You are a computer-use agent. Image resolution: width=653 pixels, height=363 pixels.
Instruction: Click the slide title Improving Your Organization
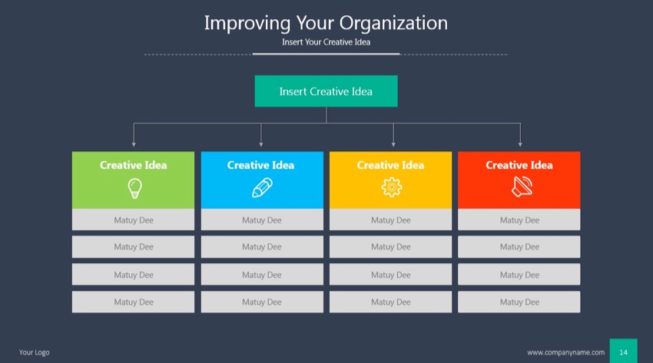326,22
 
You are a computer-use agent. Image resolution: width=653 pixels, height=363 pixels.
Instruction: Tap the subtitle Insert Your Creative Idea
326,42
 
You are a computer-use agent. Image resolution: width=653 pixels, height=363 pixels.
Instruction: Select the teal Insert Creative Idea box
326,91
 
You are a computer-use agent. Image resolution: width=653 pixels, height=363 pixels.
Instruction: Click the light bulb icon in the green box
134,187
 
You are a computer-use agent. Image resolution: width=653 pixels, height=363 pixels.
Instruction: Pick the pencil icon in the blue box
262,187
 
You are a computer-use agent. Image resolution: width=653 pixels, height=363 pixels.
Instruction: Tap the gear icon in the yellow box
391,187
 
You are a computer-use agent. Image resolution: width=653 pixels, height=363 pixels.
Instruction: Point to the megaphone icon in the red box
519,187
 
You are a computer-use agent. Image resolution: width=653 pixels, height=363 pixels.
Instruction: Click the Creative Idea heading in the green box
133,165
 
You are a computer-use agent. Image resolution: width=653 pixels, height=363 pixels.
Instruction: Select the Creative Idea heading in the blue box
260,165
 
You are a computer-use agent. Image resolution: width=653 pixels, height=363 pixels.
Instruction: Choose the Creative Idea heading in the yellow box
390,165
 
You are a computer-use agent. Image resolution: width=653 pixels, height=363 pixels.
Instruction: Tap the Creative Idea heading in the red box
519,165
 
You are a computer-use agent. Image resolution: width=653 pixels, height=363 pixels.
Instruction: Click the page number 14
623,352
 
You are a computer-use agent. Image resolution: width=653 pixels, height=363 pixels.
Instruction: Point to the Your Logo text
35,352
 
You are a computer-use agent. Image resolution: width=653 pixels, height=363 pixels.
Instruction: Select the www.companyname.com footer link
565,352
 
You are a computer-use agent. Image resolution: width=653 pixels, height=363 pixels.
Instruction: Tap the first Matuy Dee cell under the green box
134,220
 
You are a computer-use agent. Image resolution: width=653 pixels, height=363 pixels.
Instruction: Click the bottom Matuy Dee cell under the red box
519,302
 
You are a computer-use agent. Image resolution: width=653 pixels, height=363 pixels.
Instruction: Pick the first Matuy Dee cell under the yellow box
391,220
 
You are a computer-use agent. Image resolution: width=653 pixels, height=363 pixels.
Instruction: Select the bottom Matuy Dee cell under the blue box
262,302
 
